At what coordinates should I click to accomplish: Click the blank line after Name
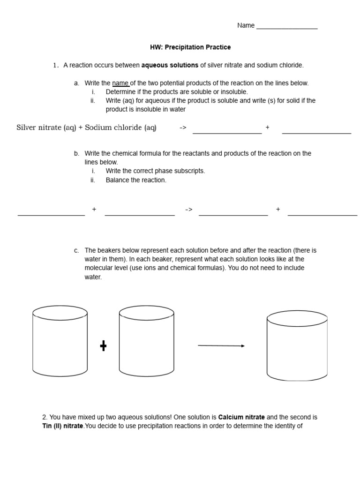[287, 28]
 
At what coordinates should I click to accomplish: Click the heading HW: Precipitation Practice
[190, 47]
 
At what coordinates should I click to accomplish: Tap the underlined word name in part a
[120, 83]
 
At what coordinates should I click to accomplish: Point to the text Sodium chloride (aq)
[120, 127]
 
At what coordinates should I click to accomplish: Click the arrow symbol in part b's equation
[189, 210]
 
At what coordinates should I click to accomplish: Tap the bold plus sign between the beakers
[103, 346]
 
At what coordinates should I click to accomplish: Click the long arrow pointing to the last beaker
[221, 346]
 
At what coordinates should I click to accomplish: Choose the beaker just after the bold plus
[146, 341]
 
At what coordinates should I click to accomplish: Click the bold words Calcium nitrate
[241, 417]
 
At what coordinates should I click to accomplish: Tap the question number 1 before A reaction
[55, 65]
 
